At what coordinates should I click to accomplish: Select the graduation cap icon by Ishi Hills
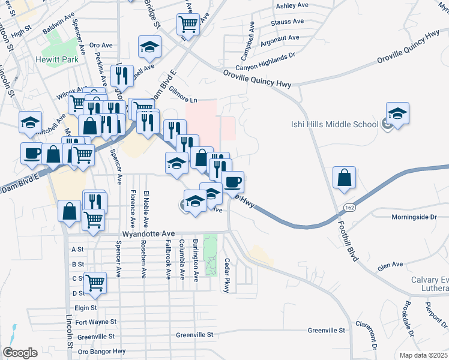click(397, 113)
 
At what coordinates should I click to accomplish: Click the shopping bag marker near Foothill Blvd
click(343, 178)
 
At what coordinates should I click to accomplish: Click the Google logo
click(20, 353)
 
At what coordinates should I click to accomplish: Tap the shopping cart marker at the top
click(188, 25)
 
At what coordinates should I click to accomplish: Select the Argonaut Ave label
click(277, 38)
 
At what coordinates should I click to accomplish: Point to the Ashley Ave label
click(291, 6)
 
